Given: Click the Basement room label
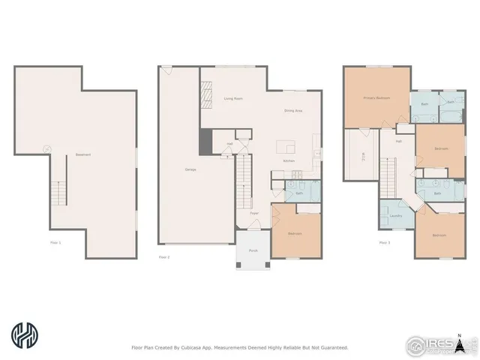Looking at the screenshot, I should [x=82, y=155].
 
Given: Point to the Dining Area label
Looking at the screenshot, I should [x=293, y=111].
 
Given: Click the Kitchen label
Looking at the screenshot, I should [x=288, y=161].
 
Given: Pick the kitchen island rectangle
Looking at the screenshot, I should [x=284, y=145].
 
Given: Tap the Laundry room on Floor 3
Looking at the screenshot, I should [x=395, y=216].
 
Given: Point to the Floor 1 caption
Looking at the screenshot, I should [x=55, y=242].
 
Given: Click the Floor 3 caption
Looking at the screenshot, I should [x=384, y=242].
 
